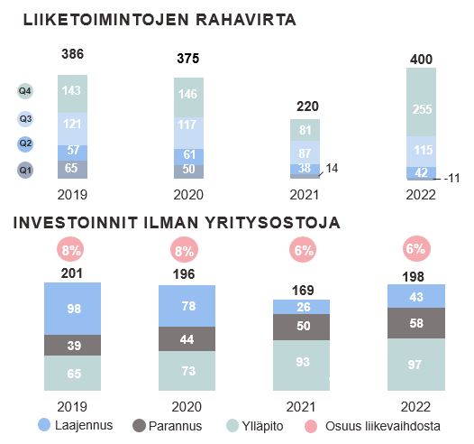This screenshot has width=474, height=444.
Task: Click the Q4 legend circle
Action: (x=25, y=91)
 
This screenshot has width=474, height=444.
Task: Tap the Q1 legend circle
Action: (x=25, y=170)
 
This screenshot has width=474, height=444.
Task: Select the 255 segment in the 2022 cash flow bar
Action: (x=421, y=102)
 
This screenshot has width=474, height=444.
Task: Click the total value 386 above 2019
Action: (x=73, y=54)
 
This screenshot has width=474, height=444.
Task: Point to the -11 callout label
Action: (x=451, y=179)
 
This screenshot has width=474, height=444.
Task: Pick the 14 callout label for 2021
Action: (x=332, y=168)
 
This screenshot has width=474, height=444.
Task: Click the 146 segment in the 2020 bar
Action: (x=188, y=97)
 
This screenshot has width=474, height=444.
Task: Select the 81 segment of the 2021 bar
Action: (x=305, y=130)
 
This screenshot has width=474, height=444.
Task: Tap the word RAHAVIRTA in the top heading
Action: (x=246, y=20)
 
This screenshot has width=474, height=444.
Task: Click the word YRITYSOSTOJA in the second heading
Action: (x=273, y=223)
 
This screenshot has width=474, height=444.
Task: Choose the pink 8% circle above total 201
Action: (x=71, y=250)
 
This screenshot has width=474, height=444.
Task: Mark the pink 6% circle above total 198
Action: (x=416, y=249)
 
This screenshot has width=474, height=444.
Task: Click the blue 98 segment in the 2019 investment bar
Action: (x=73, y=309)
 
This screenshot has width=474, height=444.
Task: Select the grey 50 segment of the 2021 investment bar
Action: (x=301, y=328)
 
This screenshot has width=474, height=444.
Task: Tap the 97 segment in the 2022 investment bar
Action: (x=416, y=365)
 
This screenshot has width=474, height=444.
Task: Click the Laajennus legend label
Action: (x=84, y=425)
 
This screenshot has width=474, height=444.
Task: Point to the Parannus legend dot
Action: (x=139, y=426)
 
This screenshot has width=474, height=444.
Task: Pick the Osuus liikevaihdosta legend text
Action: (x=383, y=426)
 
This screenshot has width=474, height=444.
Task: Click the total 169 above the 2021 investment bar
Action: (x=303, y=291)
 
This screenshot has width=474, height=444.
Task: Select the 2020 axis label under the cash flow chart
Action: (x=188, y=195)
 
